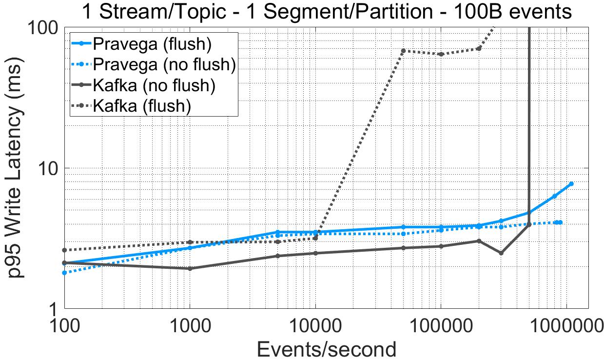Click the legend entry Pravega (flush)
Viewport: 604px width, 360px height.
click(152, 44)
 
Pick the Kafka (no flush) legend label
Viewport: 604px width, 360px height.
click(154, 85)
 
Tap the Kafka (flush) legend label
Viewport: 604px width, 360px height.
click(141, 105)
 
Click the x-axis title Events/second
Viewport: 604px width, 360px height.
click(326, 348)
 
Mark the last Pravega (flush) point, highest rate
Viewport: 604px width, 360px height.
click(571, 184)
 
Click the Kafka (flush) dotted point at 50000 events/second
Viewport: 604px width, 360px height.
click(403, 51)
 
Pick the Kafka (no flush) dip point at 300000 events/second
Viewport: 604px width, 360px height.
click(501, 253)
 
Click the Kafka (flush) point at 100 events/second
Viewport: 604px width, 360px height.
click(64, 250)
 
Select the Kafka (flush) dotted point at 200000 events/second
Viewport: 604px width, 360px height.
click(479, 48)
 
